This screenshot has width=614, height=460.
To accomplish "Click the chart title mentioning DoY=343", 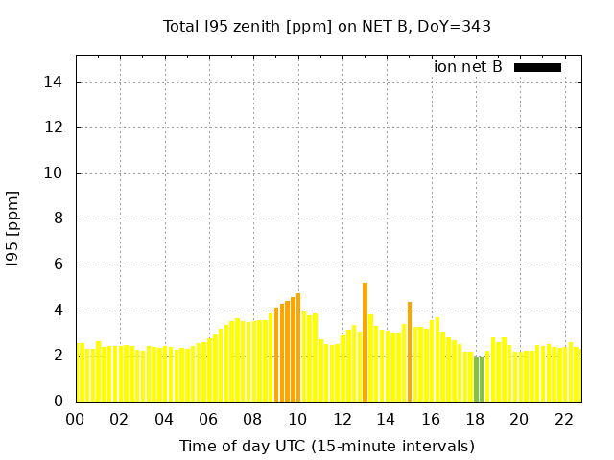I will tap(327, 27).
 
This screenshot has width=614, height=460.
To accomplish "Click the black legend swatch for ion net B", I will tap(537, 67).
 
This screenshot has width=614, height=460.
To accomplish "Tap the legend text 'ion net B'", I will tap(467, 67).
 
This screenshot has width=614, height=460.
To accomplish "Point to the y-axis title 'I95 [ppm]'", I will tap(13, 228).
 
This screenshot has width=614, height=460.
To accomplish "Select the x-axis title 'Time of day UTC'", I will tap(327, 446).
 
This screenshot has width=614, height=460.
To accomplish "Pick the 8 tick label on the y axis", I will tap(59, 219).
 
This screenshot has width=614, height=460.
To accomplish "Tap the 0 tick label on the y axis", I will tap(59, 402).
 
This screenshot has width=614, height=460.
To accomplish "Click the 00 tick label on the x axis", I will tap(75, 420).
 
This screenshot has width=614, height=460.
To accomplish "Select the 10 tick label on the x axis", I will tap(297, 420).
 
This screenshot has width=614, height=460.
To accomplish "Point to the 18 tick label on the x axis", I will tap(475, 420).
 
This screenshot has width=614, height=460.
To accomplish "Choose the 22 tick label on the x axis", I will tap(563, 420).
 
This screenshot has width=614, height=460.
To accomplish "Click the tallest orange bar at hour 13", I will tap(365, 341).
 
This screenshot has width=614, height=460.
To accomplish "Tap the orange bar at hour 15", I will tap(410, 352).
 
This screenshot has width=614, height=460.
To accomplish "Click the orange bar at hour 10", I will tap(298, 347).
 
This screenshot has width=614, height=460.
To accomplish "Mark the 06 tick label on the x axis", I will tap(208, 420).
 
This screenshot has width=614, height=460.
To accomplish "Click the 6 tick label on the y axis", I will tap(59, 264).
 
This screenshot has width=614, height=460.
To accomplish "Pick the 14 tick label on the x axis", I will tap(386, 420).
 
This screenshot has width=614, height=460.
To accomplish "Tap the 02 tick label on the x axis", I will tap(119, 420).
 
